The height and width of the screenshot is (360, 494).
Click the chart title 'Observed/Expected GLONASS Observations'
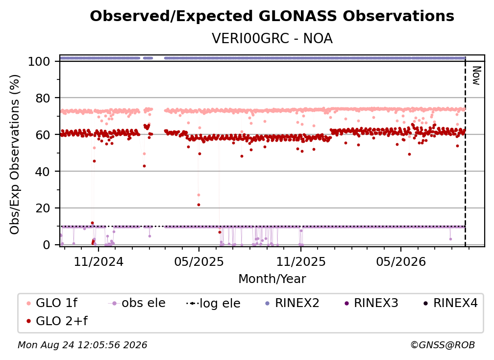272,16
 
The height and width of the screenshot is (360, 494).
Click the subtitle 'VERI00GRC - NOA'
272,38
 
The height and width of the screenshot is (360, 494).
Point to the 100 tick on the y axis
39,61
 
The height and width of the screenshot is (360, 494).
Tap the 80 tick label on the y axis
43,98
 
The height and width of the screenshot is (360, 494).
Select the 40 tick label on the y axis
43,172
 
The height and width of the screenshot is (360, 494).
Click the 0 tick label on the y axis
47,245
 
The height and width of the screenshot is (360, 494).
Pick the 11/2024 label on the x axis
99,261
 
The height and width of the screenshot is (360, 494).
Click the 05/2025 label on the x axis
199,261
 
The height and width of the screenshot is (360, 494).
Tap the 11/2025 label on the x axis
301,261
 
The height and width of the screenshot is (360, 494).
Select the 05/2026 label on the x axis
401,261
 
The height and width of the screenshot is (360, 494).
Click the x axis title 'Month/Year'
272,279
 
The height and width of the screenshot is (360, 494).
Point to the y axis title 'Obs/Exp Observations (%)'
15,154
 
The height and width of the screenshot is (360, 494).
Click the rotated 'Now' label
476,76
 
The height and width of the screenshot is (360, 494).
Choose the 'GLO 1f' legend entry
52,303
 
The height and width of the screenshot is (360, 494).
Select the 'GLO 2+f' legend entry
57,321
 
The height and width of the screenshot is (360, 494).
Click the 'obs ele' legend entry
136,303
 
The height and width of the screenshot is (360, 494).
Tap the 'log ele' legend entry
213,303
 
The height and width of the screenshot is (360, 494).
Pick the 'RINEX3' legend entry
371,303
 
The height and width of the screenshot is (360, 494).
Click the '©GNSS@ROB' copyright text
443,345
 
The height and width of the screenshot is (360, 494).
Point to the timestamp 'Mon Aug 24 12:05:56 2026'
82,345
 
